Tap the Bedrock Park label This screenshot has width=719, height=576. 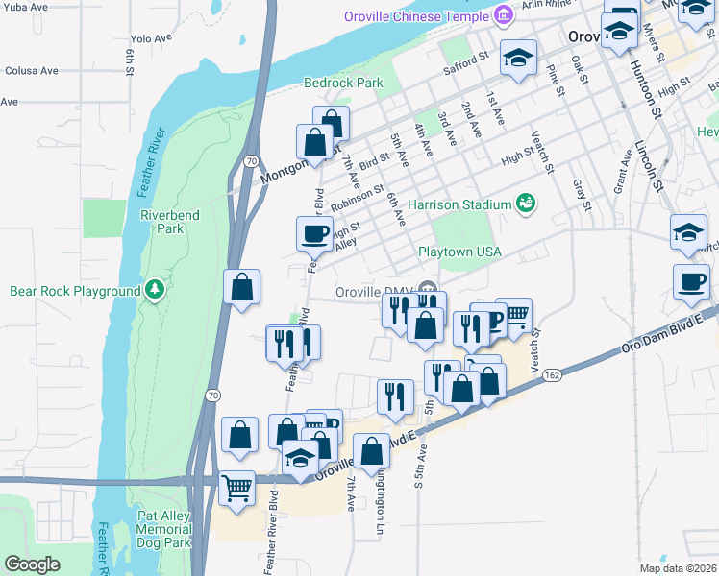coord(343,83)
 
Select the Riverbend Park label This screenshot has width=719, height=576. coord(169,222)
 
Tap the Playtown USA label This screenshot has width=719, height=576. coord(459,252)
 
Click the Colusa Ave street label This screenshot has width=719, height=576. coord(32,70)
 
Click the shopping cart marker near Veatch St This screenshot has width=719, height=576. coord(514,316)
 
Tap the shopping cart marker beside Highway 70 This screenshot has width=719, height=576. coord(236,487)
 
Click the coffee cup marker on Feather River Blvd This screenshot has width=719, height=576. coord(315,233)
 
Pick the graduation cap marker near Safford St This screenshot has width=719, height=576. coord(517,59)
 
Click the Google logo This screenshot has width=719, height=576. coord(32,564)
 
